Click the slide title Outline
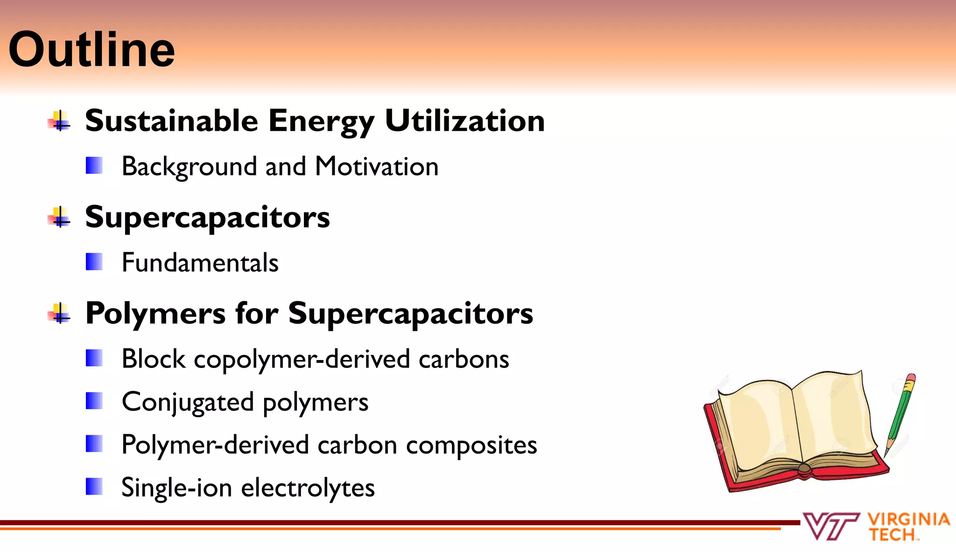[x=91, y=50]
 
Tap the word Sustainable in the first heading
[x=171, y=120]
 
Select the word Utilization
[x=465, y=120]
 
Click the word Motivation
[x=377, y=166]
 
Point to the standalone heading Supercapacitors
[x=207, y=218]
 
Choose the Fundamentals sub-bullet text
[x=200, y=262]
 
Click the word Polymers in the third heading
[x=155, y=314]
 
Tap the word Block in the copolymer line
[x=153, y=359]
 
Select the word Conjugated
[x=188, y=402]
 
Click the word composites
[x=471, y=445]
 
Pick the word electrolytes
[x=308, y=488]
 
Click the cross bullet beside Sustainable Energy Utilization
[x=59, y=121]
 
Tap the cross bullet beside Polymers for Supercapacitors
[x=59, y=313]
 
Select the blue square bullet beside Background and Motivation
[x=94, y=165]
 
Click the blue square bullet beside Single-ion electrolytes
[x=94, y=487]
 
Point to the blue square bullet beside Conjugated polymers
[x=94, y=401]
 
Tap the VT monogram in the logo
[x=831, y=526]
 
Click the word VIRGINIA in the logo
[x=908, y=519]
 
